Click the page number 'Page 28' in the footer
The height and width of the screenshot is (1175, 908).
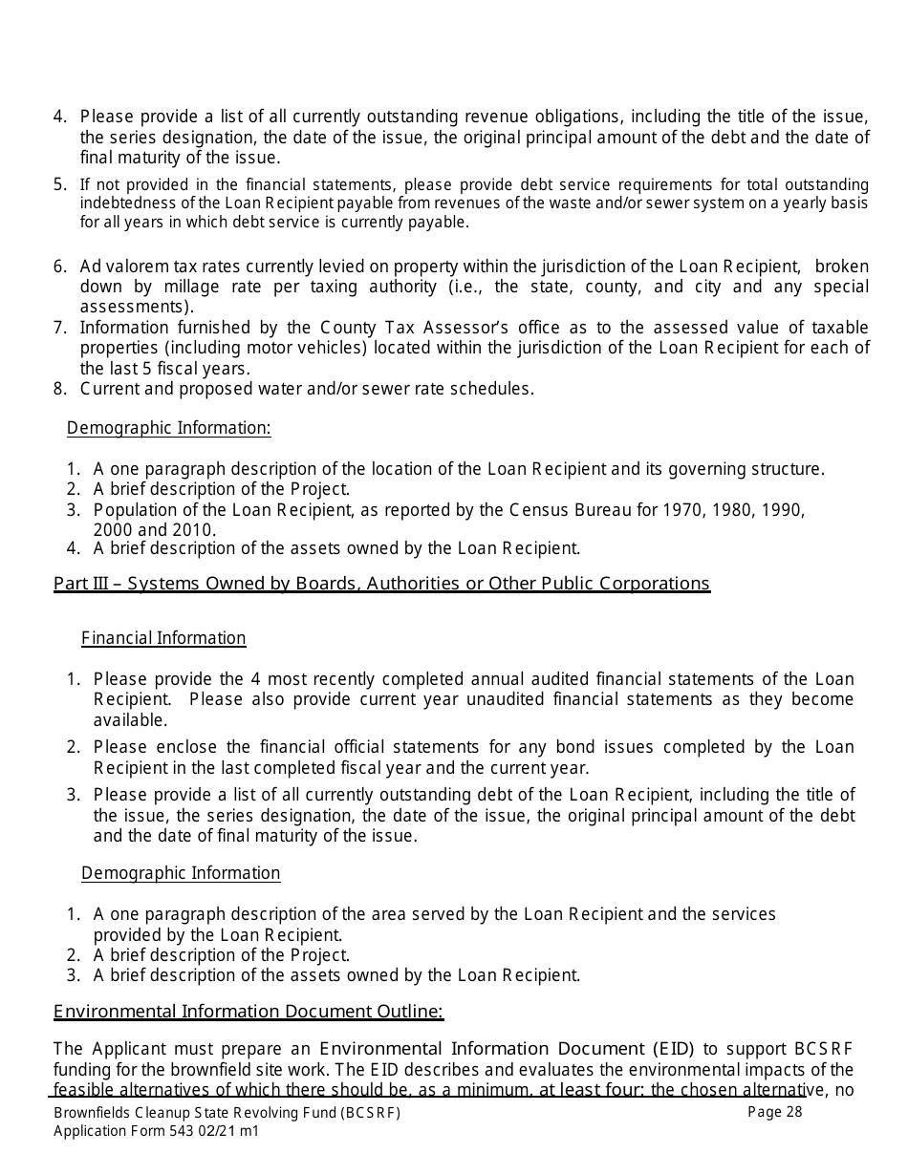(x=774, y=1111)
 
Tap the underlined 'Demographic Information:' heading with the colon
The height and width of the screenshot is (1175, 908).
(x=169, y=428)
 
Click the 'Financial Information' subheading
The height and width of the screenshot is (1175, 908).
(x=163, y=638)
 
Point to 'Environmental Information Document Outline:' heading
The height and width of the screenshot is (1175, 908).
(x=249, y=1012)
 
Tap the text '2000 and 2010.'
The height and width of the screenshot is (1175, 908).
(x=155, y=529)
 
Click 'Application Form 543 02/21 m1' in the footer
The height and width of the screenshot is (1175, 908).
(x=156, y=1131)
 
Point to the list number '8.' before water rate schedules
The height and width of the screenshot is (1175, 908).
(x=60, y=389)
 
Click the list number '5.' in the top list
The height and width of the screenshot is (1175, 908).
(x=60, y=184)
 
